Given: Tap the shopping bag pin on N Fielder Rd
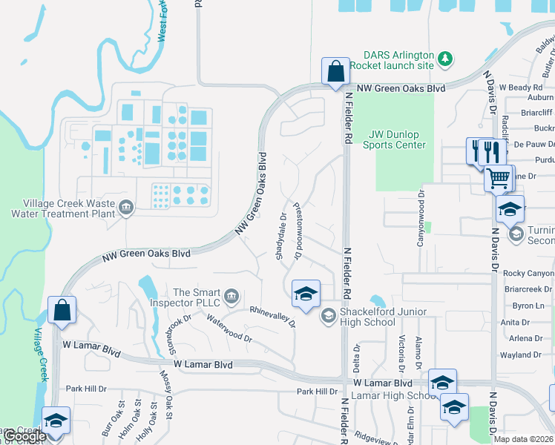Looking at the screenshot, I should tap(335, 72).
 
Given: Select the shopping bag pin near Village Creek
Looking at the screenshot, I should tap(62, 309).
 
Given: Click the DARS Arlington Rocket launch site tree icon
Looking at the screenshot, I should tap(444, 59).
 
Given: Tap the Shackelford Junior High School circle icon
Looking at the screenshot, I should tap(327, 317).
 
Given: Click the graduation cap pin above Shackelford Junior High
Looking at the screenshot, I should tap(305, 294).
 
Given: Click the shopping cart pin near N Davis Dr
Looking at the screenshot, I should tap(499, 178).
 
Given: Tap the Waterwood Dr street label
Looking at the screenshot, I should tap(229, 329).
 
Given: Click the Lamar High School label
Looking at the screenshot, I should tap(390, 395).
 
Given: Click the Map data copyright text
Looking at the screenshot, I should tap(523, 439).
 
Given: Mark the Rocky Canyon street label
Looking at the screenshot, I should tap(528, 274).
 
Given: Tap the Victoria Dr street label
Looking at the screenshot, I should tap(401, 352).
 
